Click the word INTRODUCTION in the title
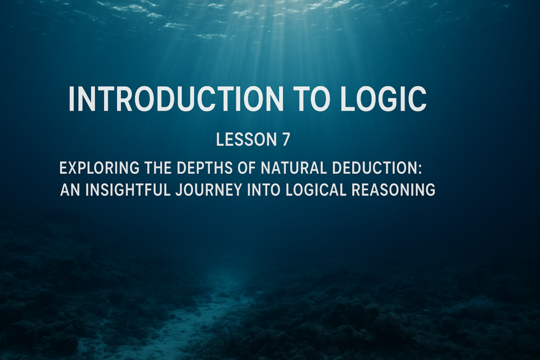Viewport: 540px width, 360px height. click(x=175, y=99)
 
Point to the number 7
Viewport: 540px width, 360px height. click(x=286, y=139)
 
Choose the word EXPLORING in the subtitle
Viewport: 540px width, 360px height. click(x=100, y=168)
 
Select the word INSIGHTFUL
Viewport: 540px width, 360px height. click(x=128, y=190)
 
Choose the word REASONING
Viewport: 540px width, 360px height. click(x=393, y=190)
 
